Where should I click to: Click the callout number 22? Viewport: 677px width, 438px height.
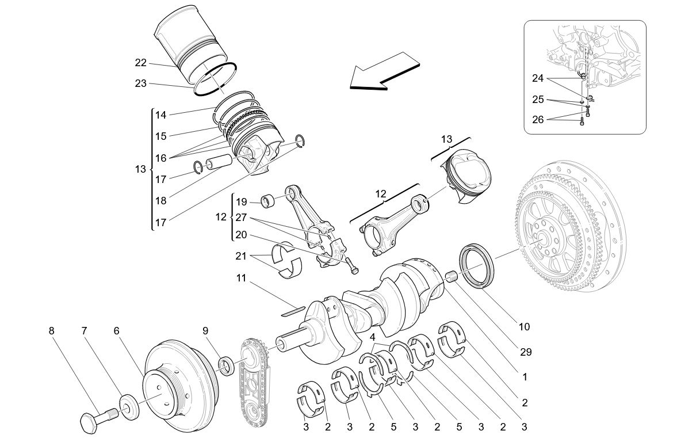tap(140, 63)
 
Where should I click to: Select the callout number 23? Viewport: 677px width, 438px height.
tap(140, 83)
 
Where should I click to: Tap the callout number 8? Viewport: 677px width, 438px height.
tap(52, 331)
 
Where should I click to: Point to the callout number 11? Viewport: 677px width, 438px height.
tap(241, 277)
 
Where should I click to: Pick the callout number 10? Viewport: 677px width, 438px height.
tap(523, 327)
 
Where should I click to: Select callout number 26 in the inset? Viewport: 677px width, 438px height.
tap(538, 120)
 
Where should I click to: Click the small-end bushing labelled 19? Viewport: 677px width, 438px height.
tap(268, 201)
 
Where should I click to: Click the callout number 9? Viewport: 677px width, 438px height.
tap(204, 331)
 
